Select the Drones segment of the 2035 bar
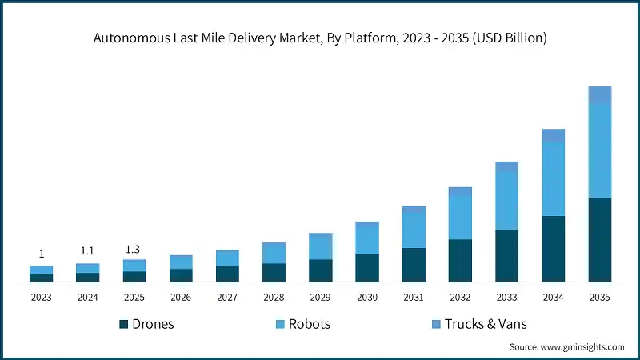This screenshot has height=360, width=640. coord(600,240)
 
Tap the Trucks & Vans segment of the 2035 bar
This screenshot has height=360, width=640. coord(600,94)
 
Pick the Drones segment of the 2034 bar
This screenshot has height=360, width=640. coord(554,249)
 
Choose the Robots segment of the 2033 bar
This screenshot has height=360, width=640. coord(507,201)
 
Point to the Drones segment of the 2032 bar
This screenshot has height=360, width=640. coord(460,261)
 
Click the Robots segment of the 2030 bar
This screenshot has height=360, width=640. coord(367,240)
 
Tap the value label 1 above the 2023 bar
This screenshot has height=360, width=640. coord(42,254)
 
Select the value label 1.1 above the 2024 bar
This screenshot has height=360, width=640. coord(88,250)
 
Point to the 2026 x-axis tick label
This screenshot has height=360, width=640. coord(181,297)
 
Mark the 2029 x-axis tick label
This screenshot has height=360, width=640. coord(321,297)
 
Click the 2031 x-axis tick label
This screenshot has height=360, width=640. coord(414,297)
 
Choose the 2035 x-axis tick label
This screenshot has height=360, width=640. coord(600,297)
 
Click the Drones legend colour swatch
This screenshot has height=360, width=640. coord(124,324)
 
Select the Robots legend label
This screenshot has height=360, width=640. coord(310,324)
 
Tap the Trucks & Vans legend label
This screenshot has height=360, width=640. coord(486,324)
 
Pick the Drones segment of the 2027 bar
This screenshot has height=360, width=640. coord(227,274)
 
